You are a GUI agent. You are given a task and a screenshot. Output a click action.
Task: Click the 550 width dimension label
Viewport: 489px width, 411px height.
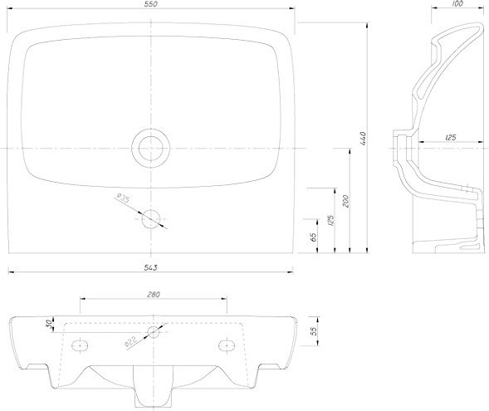click(151, 4)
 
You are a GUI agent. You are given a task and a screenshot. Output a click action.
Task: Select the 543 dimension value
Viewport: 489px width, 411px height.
click(151, 267)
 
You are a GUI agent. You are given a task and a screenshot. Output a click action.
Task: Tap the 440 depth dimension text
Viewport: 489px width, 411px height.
click(363, 138)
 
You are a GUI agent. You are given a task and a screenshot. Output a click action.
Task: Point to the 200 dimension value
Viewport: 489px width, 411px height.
click(345, 202)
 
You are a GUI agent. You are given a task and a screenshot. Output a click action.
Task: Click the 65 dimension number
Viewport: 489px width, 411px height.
click(314, 237)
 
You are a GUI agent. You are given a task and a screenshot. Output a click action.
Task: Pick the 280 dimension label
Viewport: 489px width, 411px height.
click(153, 294)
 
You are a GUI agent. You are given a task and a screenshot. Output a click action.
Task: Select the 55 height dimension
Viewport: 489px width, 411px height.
click(314, 330)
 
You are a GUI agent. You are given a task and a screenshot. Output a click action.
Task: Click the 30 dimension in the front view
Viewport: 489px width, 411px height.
click(49, 325)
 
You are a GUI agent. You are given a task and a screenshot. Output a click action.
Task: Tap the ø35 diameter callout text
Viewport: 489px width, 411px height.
click(123, 198)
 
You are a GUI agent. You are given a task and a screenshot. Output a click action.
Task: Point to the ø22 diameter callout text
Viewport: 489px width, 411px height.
click(130, 342)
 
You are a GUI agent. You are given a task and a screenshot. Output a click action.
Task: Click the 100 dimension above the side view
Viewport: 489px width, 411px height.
click(457, 4)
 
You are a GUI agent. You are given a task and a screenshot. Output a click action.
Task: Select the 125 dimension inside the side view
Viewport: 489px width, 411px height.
click(450, 137)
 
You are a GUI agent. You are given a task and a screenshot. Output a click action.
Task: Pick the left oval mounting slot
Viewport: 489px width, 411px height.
click(80, 345)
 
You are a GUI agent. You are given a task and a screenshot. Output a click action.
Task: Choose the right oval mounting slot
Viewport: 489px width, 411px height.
click(227, 345)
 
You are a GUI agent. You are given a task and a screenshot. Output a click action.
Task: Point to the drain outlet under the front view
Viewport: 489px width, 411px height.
click(153, 386)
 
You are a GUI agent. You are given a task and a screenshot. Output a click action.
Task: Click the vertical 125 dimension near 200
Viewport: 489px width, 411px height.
click(331, 220)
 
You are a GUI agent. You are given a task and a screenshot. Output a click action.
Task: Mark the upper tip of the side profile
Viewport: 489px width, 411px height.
click(481, 24)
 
